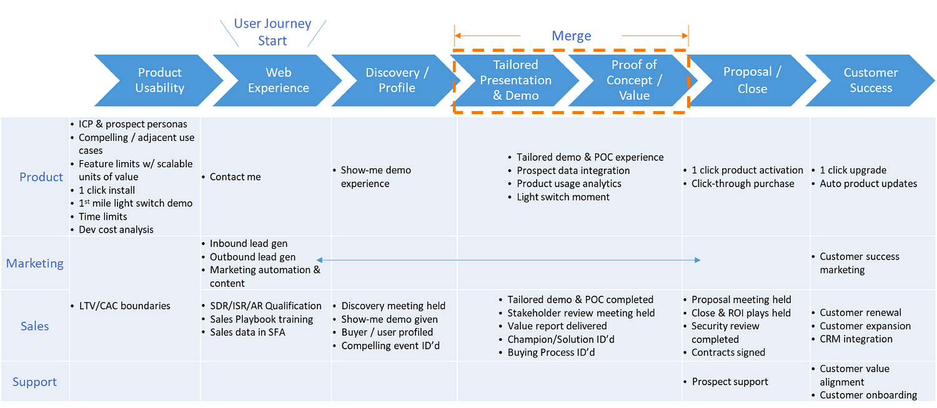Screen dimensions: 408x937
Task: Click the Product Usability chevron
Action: [x=159, y=80]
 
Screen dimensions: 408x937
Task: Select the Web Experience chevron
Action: [x=278, y=80]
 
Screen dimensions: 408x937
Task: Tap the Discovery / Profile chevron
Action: [x=397, y=80]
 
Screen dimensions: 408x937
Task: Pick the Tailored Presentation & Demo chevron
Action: [x=515, y=80]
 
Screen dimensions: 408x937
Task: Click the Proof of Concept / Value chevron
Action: [x=634, y=80]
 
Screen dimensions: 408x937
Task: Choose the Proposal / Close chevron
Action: [x=752, y=80]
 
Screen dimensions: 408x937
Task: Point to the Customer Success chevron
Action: [x=871, y=80]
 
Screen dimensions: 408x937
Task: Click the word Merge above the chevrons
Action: [x=571, y=36]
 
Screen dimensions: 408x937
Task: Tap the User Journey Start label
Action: [x=272, y=32]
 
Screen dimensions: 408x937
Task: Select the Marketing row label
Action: [x=35, y=263]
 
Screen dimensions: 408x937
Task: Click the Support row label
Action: [x=35, y=382]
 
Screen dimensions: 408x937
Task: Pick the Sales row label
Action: [x=35, y=326]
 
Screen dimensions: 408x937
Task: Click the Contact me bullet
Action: [x=235, y=177]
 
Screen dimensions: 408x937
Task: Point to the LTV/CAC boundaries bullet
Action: [x=124, y=306]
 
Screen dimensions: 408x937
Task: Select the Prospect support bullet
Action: [x=730, y=382]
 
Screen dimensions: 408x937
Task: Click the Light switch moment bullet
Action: [x=563, y=197]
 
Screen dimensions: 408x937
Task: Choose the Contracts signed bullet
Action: [x=728, y=352]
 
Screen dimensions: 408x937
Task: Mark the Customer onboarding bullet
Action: [x=868, y=395]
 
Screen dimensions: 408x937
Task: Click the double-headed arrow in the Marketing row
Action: [x=508, y=260]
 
